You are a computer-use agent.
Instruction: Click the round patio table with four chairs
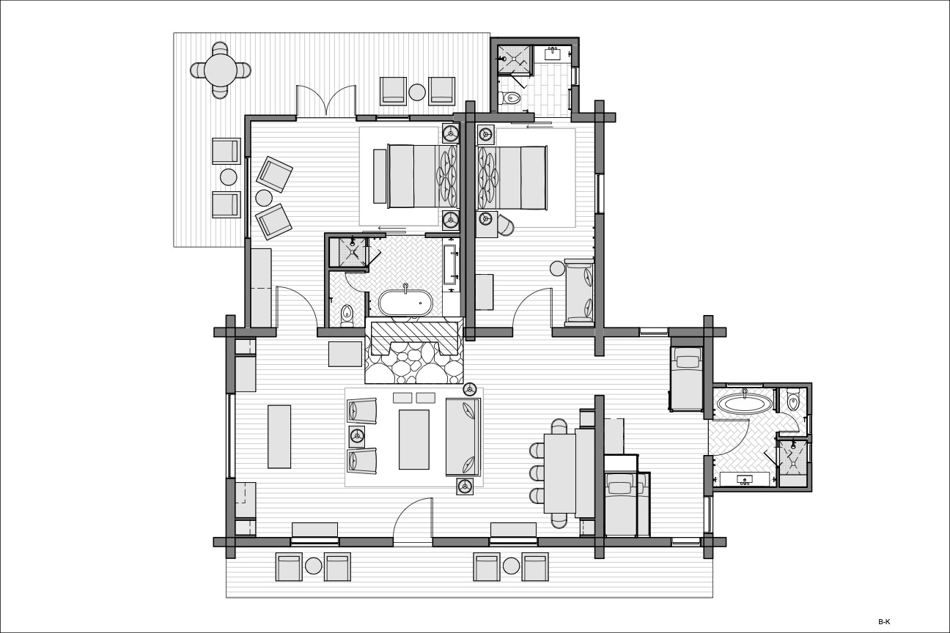[221, 70]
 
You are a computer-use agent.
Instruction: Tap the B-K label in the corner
[884, 622]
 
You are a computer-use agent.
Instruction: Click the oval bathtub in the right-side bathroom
[745, 403]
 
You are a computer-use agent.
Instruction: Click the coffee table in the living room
[414, 440]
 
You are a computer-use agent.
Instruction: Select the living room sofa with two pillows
[463, 437]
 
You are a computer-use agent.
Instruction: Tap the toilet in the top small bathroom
[512, 98]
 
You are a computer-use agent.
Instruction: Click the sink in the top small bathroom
[553, 53]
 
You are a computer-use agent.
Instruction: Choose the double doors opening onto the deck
[325, 101]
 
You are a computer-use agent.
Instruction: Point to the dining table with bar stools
[560, 473]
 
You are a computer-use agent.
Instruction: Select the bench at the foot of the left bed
[380, 176]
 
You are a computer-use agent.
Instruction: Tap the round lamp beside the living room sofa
[469, 389]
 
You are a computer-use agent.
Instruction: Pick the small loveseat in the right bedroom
[579, 292]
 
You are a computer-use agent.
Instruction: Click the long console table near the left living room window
[279, 437]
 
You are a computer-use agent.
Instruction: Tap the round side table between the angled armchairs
[264, 198]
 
